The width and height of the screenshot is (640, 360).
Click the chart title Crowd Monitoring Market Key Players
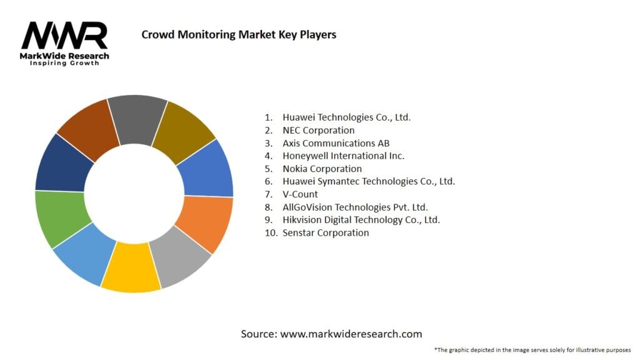point(239,34)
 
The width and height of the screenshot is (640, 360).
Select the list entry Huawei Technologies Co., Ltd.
point(346,117)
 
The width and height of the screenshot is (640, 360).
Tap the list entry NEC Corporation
point(318,130)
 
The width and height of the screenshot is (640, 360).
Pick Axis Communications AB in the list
point(336,143)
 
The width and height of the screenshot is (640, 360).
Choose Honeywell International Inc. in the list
point(343,156)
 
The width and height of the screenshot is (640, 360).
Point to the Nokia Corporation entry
point(322,169)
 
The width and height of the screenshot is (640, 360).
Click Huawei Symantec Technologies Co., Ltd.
point(368,181)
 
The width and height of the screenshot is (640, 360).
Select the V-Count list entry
point(300,194)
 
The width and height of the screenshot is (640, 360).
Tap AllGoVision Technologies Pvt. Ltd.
point(355,207)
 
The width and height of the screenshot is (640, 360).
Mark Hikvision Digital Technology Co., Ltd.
point(361,220)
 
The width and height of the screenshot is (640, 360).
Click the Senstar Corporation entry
point(326,232)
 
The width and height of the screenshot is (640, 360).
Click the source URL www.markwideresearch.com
point(351,334)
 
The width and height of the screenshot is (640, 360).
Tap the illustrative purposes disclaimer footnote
point(532,349)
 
